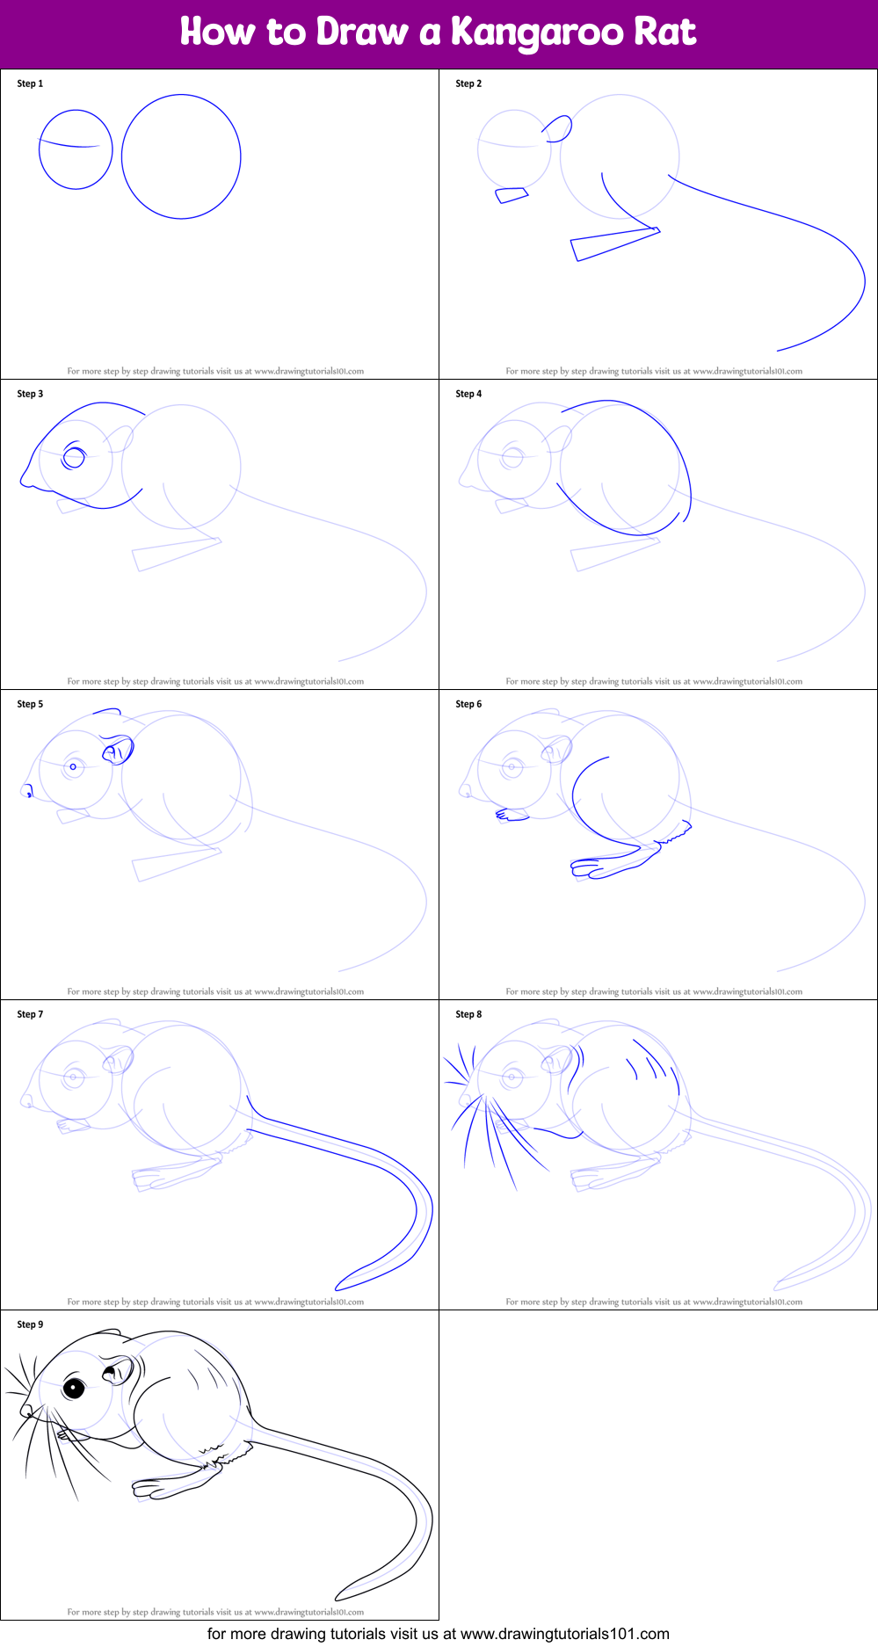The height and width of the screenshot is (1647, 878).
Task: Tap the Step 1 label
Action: [30, 83]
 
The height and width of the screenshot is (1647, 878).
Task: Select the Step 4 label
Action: [468, 394]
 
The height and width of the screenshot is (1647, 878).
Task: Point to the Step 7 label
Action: [30, 1014]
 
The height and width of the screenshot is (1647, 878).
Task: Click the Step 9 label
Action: [30, 1324]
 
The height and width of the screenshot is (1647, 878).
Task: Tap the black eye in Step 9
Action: [74, 1388]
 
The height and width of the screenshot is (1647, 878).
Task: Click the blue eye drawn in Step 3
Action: [74, 457]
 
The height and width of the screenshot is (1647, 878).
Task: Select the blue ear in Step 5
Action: [118, 751]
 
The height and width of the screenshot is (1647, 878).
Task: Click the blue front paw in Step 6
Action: [512, 816]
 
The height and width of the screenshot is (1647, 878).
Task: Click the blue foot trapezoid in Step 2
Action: [615, 243]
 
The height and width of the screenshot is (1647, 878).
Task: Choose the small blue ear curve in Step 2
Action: [558, 128]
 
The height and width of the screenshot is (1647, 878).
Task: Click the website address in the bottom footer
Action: [565, 1634]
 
